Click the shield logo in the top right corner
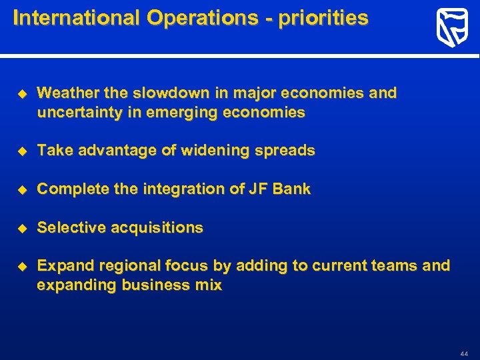pyautogui.click(x=452, y=28)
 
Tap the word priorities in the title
pyautogui.click(x=323, y=18)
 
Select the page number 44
pyautogui.click(x=464, y=353)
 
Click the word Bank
pyautogui.click(x=291, y=189)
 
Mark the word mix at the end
pyautogui.click(x=209, y=285)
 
